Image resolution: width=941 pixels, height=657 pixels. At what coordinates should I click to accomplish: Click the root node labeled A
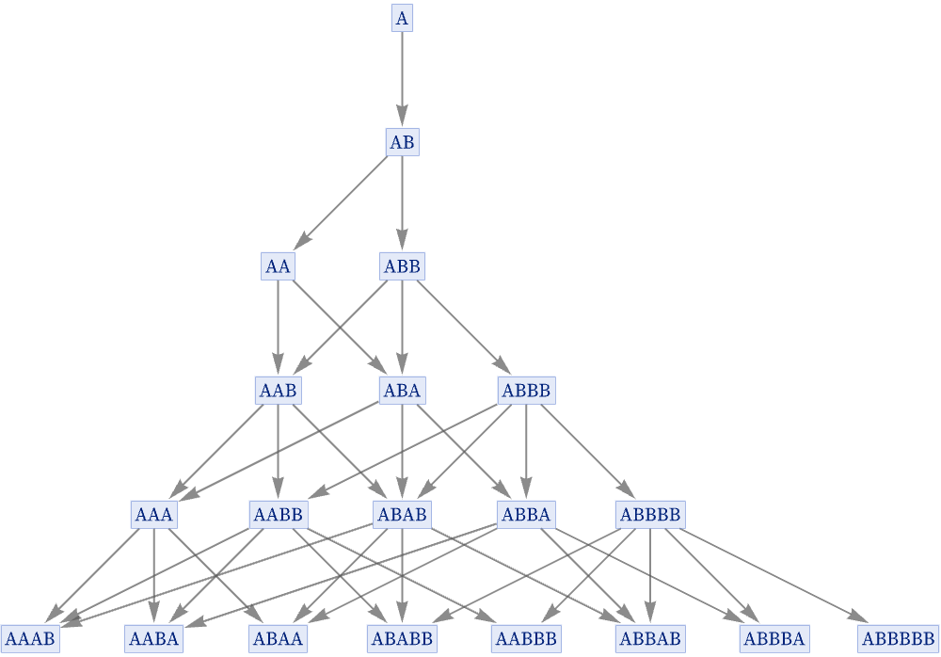tap(402, 18)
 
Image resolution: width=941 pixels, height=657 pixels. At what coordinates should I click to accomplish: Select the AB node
tap(402, 142)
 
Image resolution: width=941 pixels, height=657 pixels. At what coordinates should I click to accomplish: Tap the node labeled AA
tap(278, 266)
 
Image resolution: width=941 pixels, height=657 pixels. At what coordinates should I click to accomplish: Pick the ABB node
tap(402, 266)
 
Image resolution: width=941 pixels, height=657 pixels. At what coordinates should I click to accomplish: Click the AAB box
tap(278, 391)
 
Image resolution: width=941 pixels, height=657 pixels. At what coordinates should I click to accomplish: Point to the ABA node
tap(402, 391)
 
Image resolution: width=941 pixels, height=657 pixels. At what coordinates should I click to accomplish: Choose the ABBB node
tap(526, 391)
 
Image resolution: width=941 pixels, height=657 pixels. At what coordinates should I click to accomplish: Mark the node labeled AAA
tap(154, 515)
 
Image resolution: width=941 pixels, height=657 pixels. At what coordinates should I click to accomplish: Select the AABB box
tap(279, 515)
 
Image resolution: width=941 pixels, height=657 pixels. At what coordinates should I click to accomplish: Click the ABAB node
tap(402, 515)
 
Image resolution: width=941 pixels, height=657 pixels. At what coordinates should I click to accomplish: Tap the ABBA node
tap(526, 515)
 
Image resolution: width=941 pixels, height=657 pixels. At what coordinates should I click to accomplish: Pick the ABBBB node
tap(650, 515)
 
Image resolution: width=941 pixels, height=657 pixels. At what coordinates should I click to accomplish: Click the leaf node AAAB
tap(30, 638)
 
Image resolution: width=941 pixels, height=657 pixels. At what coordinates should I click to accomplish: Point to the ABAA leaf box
tap(278, 638)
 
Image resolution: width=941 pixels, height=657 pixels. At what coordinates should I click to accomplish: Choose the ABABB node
tap(402, 638)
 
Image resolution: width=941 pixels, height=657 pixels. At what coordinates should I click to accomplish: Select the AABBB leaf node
tap(526, 638)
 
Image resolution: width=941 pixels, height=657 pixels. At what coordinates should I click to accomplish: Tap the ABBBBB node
tap(899, 638)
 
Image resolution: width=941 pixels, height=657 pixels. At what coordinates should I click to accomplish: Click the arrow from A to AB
tap(402, 79)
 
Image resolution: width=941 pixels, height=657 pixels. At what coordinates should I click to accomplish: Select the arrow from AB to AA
tap(341, 201)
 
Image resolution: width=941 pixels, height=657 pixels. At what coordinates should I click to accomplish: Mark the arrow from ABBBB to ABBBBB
tap(774, 575)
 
